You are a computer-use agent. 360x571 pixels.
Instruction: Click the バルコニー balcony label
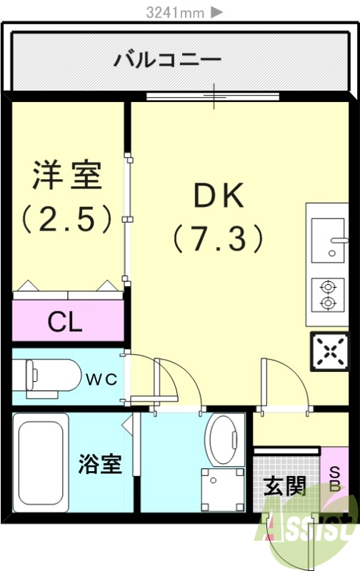[x=168, y=59]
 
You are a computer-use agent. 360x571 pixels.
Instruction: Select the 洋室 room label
[x=68, y=176]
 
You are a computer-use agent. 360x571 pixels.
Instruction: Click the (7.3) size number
[x=219, y=238]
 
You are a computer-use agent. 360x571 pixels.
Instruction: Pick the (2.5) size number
[x=67, y=218]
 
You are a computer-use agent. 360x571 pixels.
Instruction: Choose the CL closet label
[x=65, y=323]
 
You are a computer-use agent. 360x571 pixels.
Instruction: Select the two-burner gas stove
[x=328, y=295]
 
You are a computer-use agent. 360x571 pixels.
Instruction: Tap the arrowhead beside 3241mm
[x=217, y=12]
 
